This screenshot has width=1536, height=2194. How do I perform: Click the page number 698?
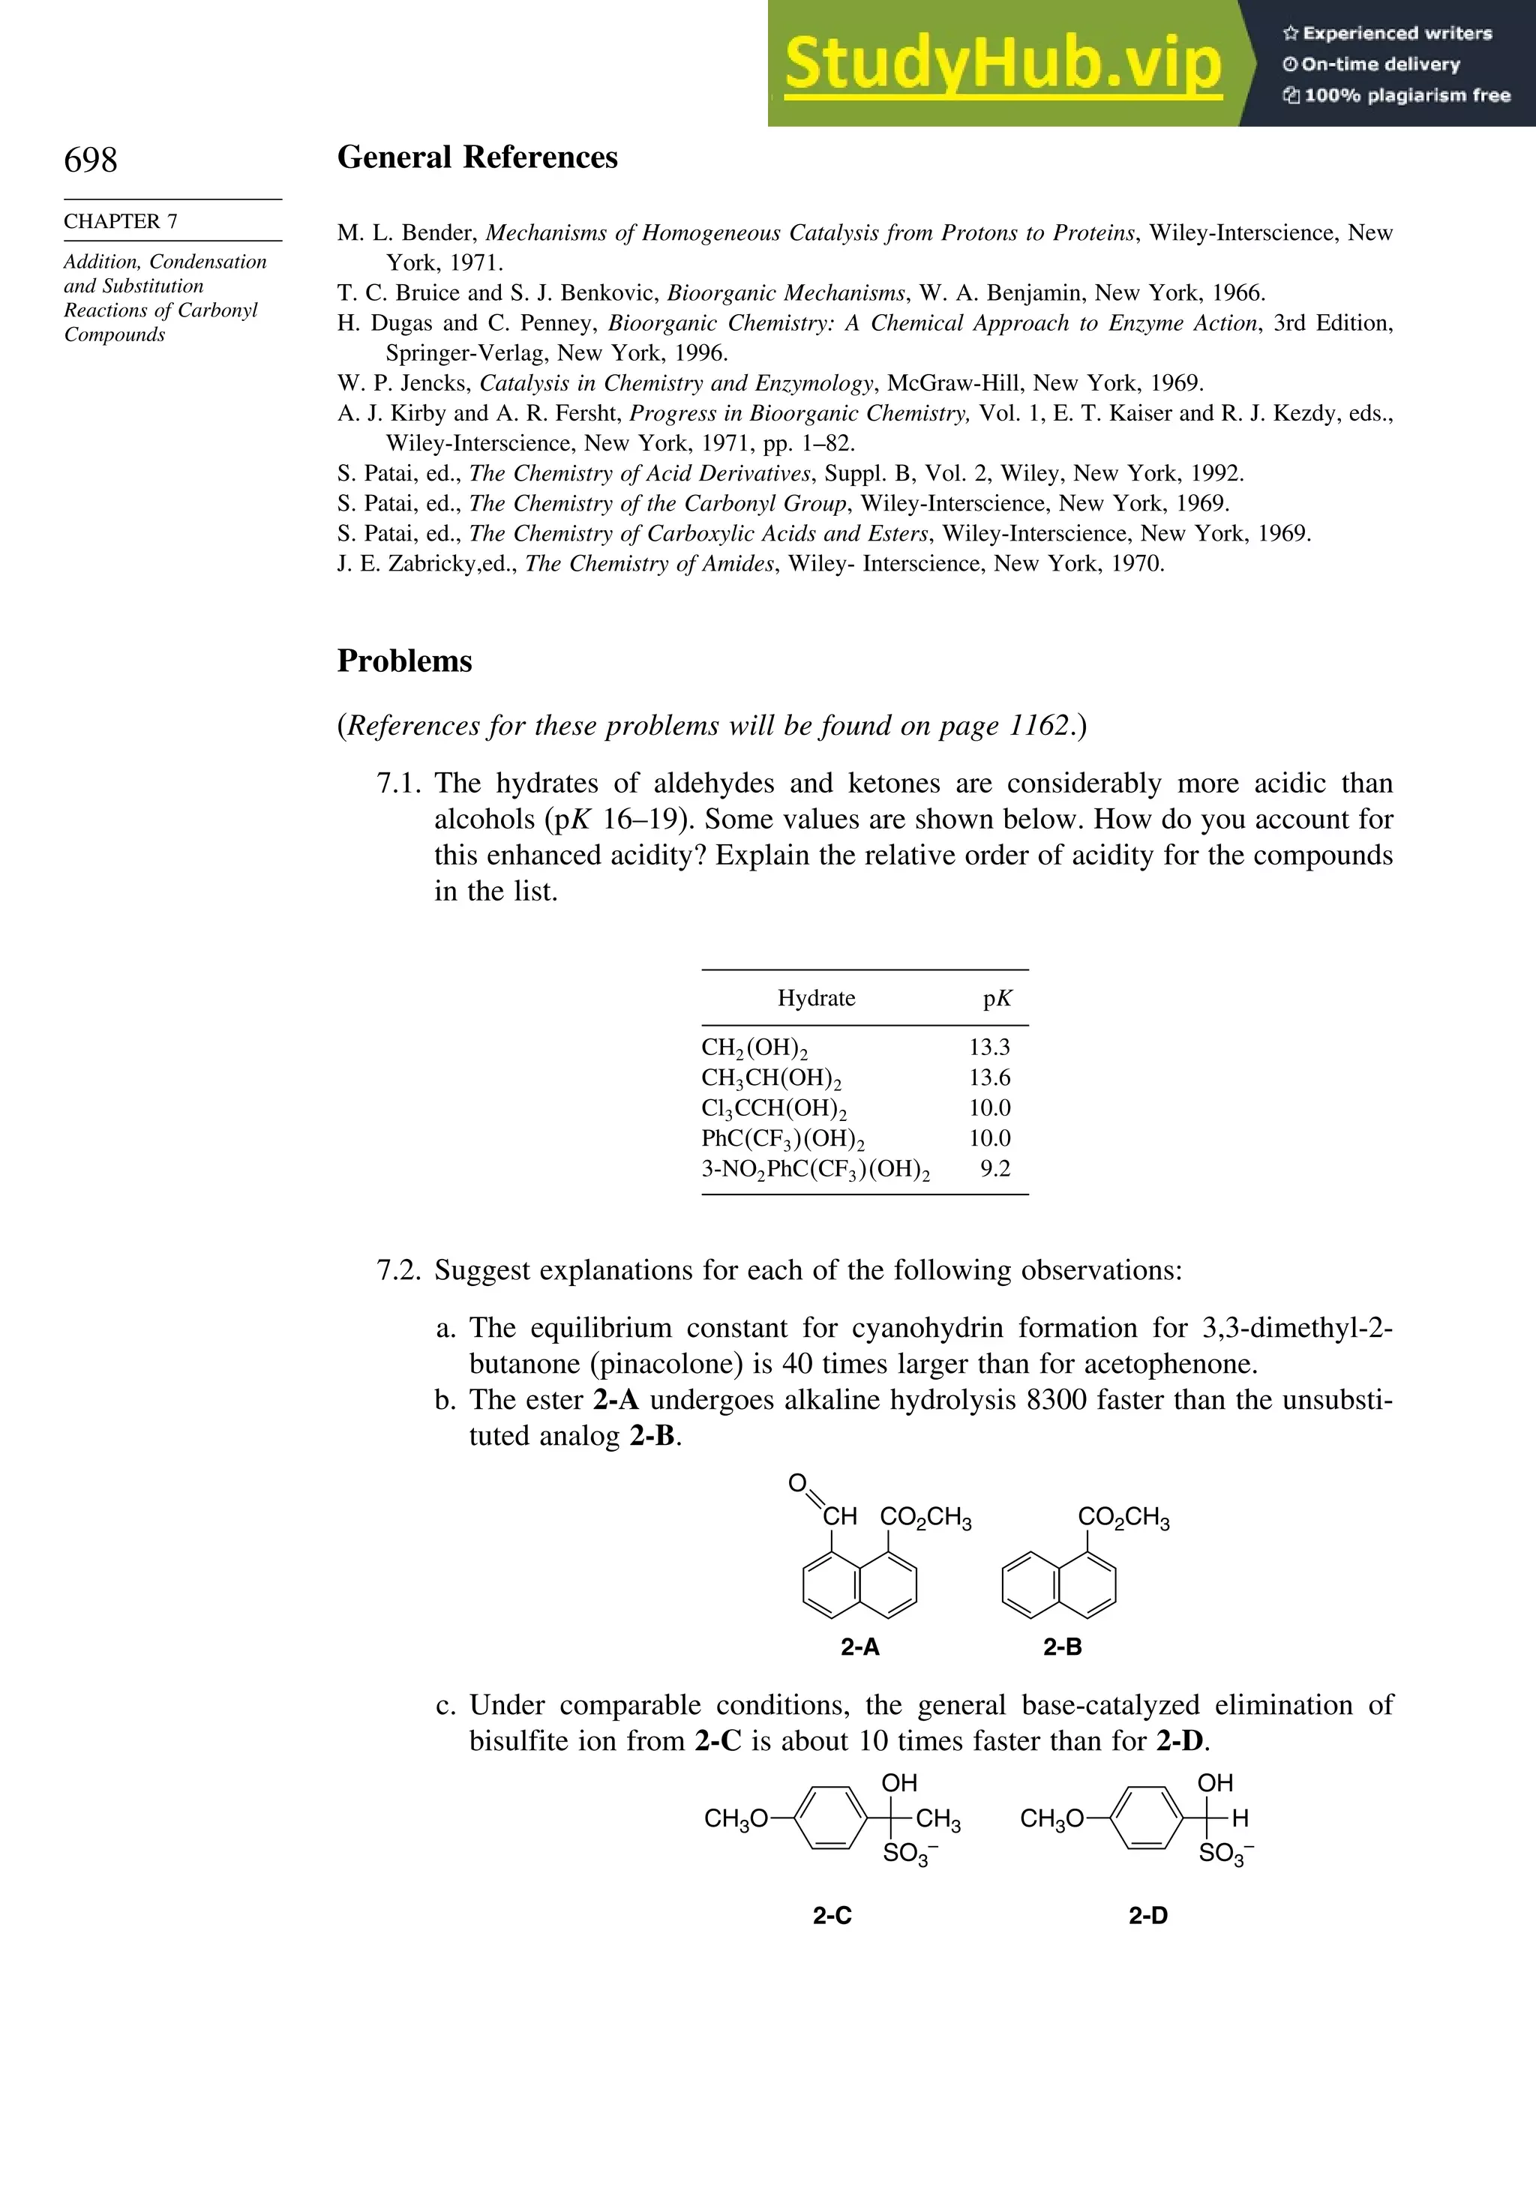click(x=91, y=160)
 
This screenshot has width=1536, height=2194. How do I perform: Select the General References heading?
click(x=477, y=157)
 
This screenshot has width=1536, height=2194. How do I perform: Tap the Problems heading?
click(x=404, y=661)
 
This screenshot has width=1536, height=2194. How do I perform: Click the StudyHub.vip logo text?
click(x=1003, y=64)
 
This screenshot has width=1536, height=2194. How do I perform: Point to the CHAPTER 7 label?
click(x=121, y=220)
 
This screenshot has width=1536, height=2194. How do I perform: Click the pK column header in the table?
click(x=997, y=999)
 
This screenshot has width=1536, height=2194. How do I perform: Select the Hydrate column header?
click(x=815, y=999)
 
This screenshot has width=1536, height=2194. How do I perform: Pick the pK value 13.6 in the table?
click(x=989, y=1078)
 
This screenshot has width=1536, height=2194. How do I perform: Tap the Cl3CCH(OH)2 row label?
click(x=774, y=1108)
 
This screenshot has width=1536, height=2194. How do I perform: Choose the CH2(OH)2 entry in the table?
click(x=754, y=1048)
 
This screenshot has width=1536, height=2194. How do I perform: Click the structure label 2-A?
click(x=860, y=1647)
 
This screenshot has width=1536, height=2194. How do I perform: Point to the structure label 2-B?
click(x=1062, y=1647)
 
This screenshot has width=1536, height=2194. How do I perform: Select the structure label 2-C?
click(x=832, y=1916)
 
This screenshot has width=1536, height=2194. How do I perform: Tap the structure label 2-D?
click(x=1148, y=1916)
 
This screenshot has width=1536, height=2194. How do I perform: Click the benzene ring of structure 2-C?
click(x=830, y=1818)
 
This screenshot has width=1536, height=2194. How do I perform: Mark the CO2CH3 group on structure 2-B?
click(x=1123, y=1518)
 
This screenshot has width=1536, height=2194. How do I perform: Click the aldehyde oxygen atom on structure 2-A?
click(x=797, y=1483)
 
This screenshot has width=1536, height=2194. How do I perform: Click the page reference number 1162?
click(x=1039, y=727)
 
